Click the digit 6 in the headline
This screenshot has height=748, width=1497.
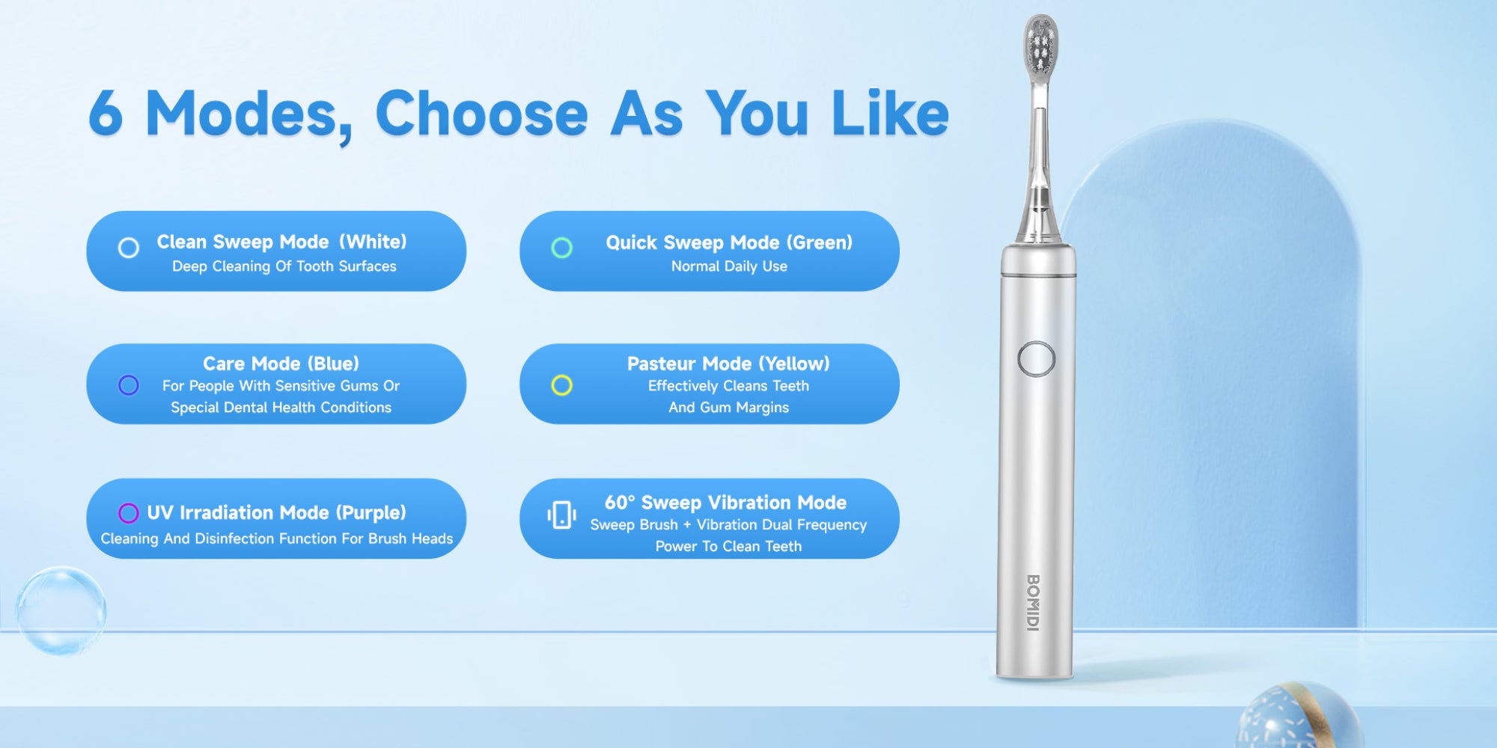[x=106, y=114]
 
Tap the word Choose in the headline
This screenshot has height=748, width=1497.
[x=481, y=113]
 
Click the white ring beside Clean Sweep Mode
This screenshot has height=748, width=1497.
[x=129, y=248]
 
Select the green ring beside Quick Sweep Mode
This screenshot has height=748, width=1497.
[x=562, y=248]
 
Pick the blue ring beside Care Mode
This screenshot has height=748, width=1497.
[x=129, y=385]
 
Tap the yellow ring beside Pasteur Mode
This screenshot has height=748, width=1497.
[x=562, y=385]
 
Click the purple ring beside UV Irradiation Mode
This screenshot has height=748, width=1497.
[x=129, y=513]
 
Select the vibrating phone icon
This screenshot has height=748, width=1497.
[x=561, y=515]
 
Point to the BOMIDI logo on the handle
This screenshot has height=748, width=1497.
[x=1033, y=603]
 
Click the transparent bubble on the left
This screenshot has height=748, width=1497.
[x=61, y=611]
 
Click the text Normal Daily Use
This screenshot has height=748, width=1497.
[x=729, y=266]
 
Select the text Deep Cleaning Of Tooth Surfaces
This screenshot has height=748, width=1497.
[x=284, y=266]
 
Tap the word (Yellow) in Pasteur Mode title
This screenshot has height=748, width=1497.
[x=794, y=364]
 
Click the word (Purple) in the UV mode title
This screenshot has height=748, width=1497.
[x=371, y=512]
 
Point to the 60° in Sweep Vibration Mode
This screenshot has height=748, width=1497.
[x=620, y=502]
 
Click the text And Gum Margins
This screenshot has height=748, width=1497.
[x=729, y=408]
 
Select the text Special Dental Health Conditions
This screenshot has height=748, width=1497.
[x=281, y=408]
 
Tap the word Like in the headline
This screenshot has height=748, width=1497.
[x=890, y=113]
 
